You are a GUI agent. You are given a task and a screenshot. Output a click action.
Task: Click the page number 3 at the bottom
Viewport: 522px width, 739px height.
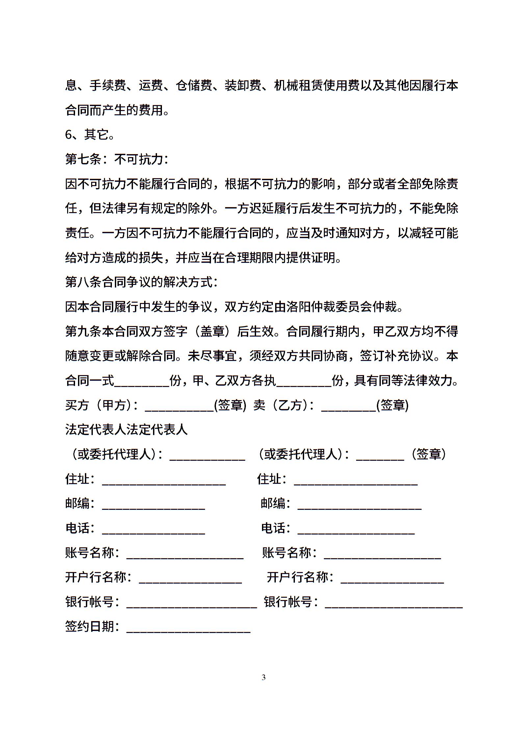(x=263, y=677)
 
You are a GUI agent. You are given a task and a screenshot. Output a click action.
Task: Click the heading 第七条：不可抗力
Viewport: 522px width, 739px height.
(x=117, y=159)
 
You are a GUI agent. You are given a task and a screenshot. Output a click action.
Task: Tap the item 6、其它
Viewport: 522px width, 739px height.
(x=90, y=135)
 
